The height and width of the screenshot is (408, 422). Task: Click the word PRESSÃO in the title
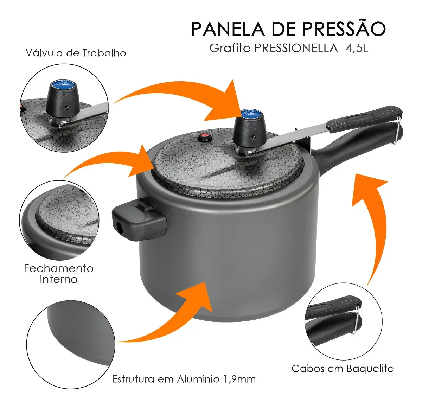pyautogui.click(x=344, y=29)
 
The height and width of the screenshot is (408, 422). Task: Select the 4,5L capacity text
pyautogui.click(x=357, y=49)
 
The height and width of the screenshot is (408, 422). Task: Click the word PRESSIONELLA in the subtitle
pyautogui.click(x=296, y=48)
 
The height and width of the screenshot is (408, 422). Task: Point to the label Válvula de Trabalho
pyautogui.click(x=76, y=53)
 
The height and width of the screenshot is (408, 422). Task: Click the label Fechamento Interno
pyautogui.click(x=58, y=274)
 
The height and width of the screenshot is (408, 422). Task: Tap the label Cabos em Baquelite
pyautogui.click(x=343, y=369)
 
